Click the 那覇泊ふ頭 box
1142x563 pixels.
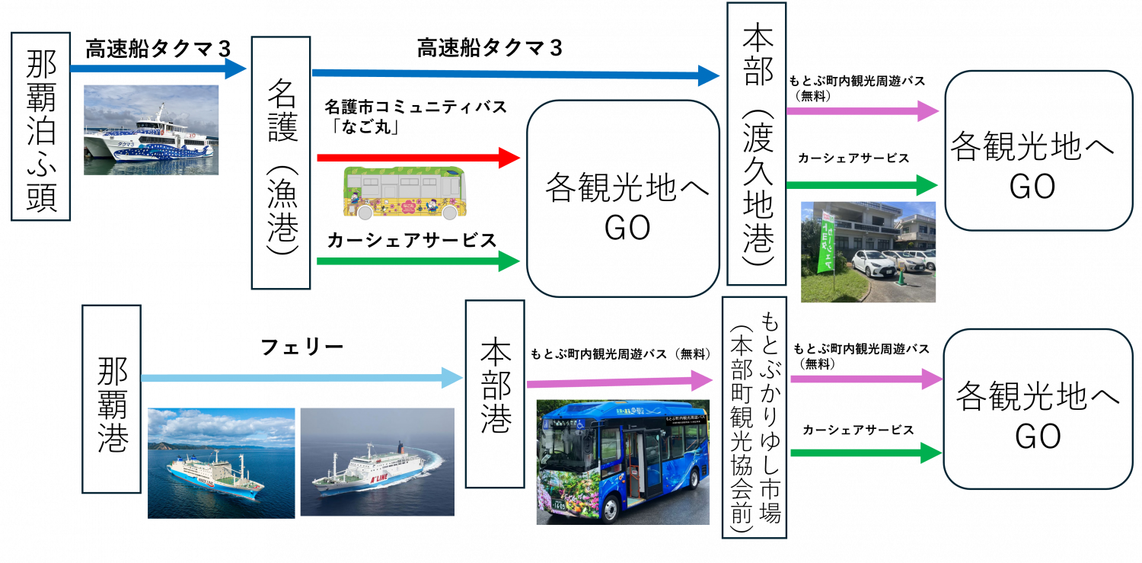[41, 126]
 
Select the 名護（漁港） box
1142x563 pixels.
[281, 163]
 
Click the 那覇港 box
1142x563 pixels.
[111, 399]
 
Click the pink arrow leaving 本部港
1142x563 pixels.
[617, 380]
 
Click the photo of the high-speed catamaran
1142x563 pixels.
[151, 130]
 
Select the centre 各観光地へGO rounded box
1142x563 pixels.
[624, 199]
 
